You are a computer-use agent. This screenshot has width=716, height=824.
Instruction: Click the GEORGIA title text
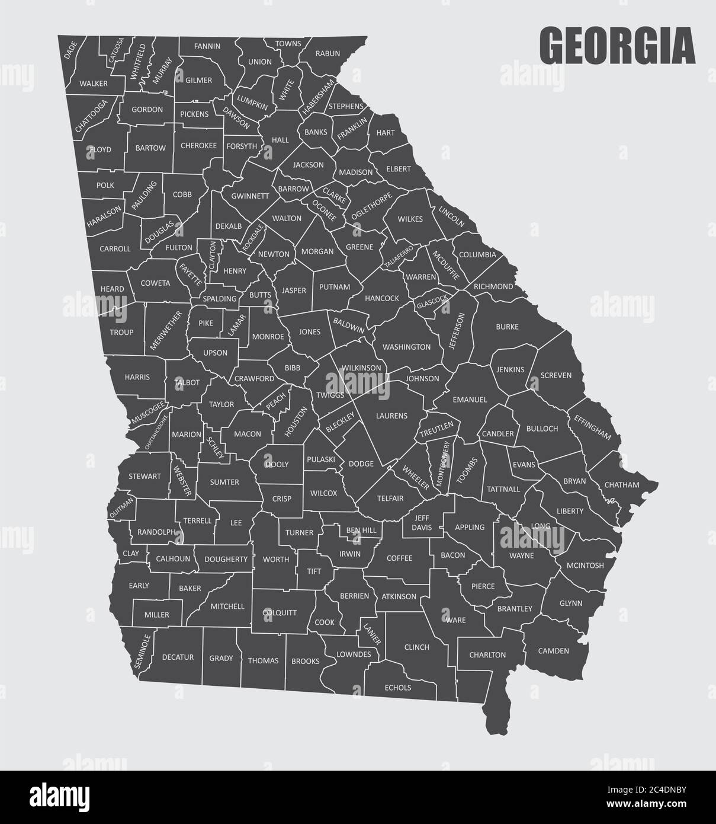tap(617, 46)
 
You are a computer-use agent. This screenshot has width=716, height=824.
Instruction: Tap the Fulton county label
tap(179, 247)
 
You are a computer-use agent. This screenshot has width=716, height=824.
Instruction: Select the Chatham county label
tap(622, 485)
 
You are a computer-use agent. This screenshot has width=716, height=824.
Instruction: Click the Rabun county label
tap(328, 53)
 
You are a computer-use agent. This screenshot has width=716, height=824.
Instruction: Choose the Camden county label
tap(553, 651)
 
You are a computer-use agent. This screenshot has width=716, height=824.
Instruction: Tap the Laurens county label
tap(391, 416)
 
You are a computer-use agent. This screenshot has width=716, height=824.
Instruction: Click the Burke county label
tap(507, 327)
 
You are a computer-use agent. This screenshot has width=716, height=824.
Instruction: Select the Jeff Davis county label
tap(422, 522)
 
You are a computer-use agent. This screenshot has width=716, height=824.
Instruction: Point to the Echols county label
tap(398, 688)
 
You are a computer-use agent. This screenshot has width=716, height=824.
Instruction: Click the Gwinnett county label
tap(250, 196)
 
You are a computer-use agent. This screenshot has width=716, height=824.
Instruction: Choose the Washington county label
tap(406, 347)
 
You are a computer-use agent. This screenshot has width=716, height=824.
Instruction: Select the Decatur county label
tap(177, 657)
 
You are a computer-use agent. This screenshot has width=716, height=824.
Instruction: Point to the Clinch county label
tap(416, 647)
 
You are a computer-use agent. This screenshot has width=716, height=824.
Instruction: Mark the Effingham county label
tap(592, 426)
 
